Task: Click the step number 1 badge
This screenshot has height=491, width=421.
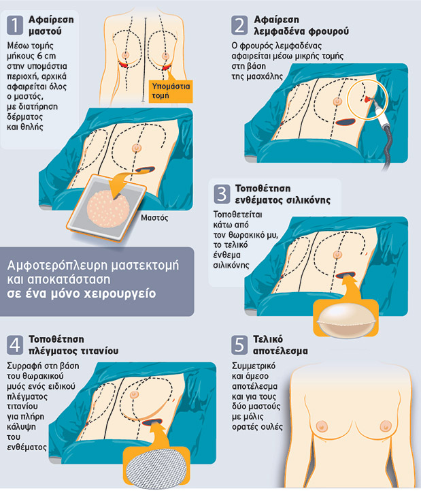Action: (x=15, y=25)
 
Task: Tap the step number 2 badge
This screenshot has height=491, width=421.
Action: (x=239, y=25)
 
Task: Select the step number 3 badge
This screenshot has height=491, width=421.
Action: (x=222, y=194)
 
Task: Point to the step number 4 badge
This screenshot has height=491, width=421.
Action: (x=15, y=345)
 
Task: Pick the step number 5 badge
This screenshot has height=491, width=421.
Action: (x=239, y=345)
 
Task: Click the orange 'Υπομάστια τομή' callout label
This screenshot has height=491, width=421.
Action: (x=171, y=91)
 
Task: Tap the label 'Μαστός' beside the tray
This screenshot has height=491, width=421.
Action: (x=154, y=218)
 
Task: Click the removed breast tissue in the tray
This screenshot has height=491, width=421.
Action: (x=108, y=208)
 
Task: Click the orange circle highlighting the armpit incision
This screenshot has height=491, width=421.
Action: (x=367, y=99)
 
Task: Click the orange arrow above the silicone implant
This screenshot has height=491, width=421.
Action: (x=351, y=288)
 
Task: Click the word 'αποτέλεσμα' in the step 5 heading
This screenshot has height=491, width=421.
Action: (x=281, y=351)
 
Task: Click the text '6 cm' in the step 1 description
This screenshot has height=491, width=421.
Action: (x=46, y=56)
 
